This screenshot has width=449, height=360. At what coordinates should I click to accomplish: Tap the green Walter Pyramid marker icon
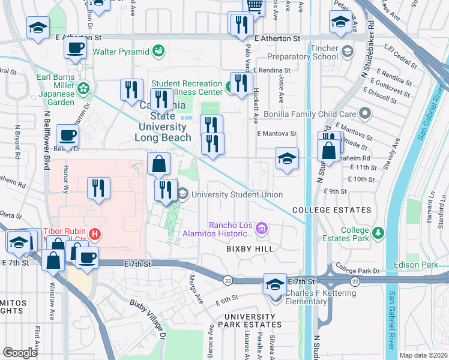tap(158, 50)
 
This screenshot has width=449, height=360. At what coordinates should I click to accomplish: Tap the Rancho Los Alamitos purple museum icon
tap(261, 229)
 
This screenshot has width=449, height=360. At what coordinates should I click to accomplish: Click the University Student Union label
tap(237, 194)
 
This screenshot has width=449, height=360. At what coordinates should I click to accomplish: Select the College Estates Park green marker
tap(378, 232)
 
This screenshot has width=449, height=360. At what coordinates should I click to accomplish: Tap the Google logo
tap(20, 352)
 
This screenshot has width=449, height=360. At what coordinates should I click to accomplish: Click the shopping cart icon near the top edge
tap(255, 5)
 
